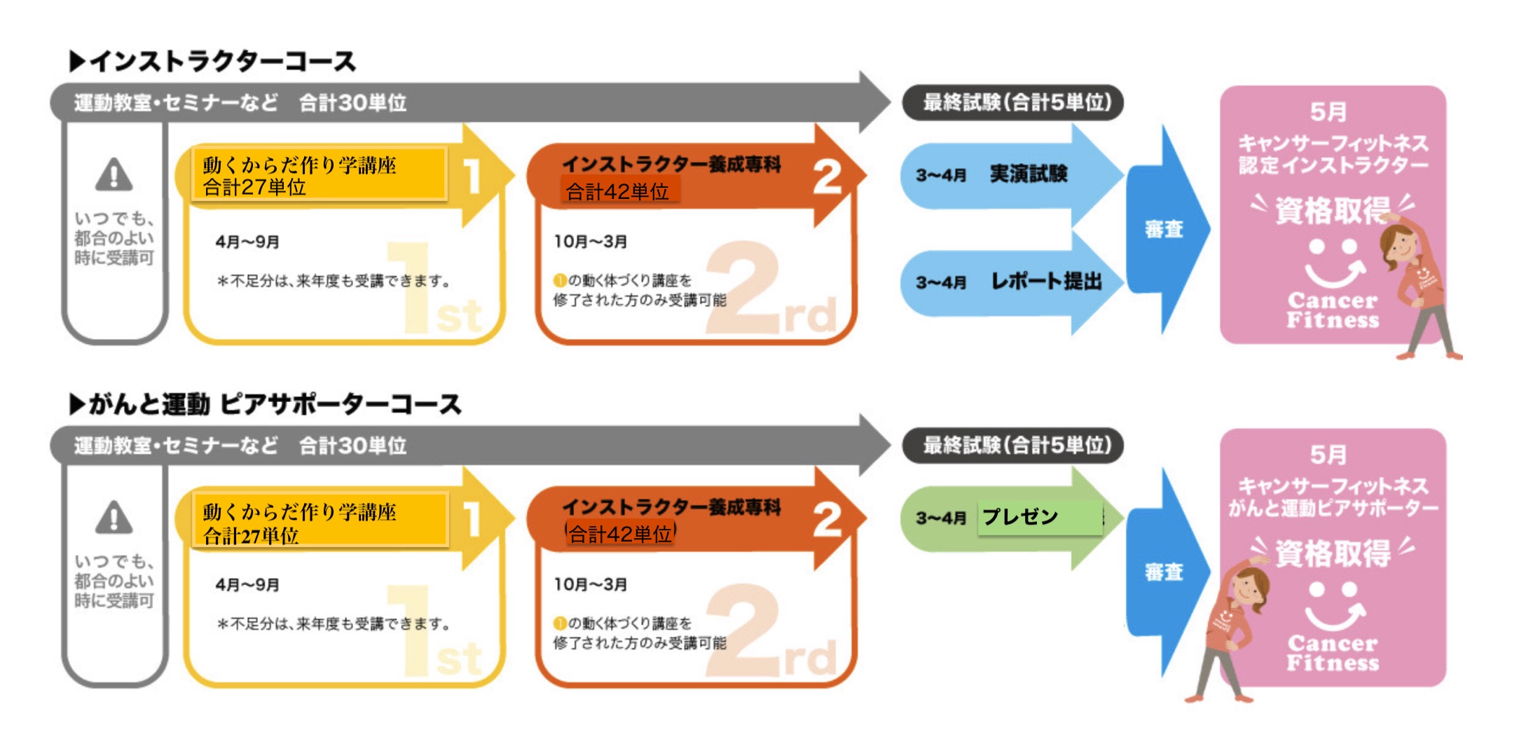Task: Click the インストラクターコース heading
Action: point(213,62)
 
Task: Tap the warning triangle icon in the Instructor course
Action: point(114,175)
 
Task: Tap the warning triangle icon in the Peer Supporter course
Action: point(114,518)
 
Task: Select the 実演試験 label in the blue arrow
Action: point(1029,174)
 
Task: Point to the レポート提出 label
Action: point(1046,282)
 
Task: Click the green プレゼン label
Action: point(1020,517)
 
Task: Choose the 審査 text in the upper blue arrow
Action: point(1164,229)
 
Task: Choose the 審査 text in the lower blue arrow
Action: point(1164,572)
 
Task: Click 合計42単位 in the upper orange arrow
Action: point(617,191)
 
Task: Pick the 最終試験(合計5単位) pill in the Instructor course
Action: point(1013,102)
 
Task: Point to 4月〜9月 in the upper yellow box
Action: point(247,242)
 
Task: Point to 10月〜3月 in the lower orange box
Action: point(590,584)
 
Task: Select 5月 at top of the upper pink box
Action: point(1328,111)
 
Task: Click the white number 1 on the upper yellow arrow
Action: point(472,175)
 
